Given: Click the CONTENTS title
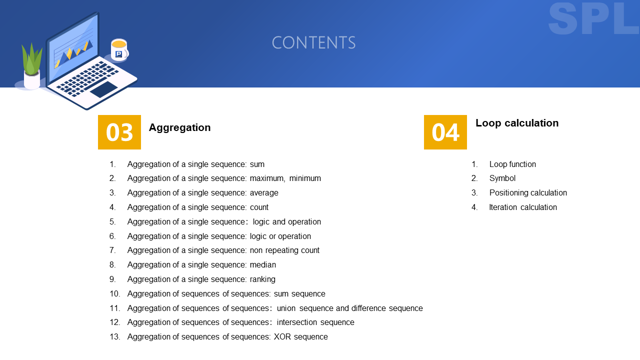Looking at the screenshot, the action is click(x=313, y=42).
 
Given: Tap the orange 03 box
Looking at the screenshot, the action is click(x=119, y=132).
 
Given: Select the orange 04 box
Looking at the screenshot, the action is click(x=445, y=132).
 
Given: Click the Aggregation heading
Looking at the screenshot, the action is click(x=179, y=127).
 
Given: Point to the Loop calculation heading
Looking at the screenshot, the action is click(x=517, y=123).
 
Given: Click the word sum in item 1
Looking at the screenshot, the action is click(x=257, y=164).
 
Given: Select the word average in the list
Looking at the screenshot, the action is click(x=264, y=193).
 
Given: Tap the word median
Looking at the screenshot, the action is click(x=263, y=264).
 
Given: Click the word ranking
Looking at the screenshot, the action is click(x=262, y=279).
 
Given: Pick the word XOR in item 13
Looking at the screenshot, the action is click(x=282, y=337).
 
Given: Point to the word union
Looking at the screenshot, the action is click(x=286, y=308).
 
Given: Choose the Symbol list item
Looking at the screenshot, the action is click(x=502, y=178).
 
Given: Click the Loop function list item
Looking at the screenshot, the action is click(x=512, y=164).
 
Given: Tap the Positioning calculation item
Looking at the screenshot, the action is click(x=528, y=193).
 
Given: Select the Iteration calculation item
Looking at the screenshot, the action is click(x=523, y=207).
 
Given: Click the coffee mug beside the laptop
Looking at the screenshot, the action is click(x=119, y=50).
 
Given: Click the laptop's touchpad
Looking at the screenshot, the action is click(x=103, y=89).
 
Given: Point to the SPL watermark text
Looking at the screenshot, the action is click(x=593, y=18).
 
